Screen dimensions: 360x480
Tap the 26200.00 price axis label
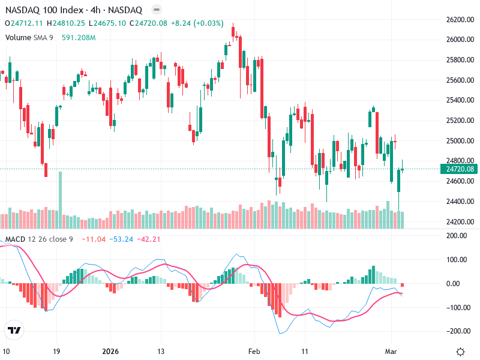coord(460,20)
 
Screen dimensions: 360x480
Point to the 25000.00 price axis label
coord(460,141)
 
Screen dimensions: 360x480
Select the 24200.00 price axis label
coord(460,222)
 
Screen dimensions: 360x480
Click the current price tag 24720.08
coord(460,170)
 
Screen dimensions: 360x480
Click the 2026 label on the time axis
coord(111,352)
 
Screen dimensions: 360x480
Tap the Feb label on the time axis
coord(256,352)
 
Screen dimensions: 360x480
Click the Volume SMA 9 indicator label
coord(29,37)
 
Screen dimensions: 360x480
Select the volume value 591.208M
coord(79,37)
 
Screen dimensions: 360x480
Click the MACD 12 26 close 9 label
coord(39,240)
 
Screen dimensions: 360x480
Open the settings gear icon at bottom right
coord(460,352)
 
